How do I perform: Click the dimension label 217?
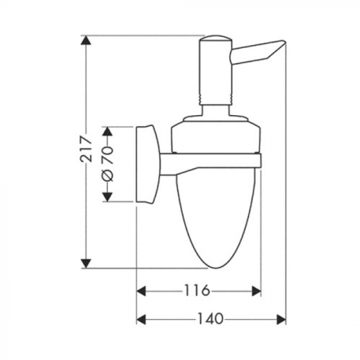[88, 148]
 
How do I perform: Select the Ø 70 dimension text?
[107, 164]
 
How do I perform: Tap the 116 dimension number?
[199, 291]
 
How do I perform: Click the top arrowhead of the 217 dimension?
[87, 41]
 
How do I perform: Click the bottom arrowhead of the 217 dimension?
[87, 262]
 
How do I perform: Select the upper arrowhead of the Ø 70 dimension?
[107, 131]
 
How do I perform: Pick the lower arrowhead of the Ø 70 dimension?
[107, 197]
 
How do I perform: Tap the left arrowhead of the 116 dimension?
[142, 291]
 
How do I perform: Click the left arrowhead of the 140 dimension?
[142, 319]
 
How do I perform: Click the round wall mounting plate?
[148, 164]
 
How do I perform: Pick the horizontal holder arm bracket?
[210, 161]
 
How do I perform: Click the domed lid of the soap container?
[215, 129]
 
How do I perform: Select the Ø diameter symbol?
[107, 175]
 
